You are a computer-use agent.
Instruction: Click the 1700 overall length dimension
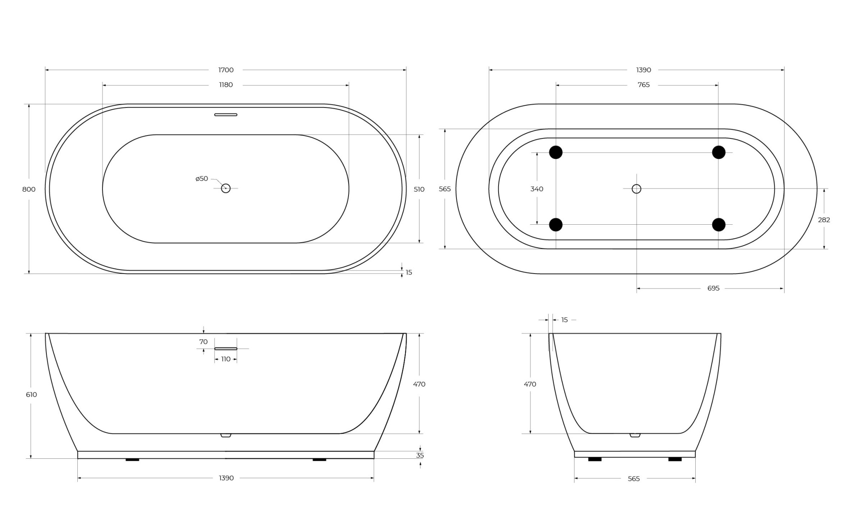coord(226,70)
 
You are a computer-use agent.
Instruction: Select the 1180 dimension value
coord(226,85)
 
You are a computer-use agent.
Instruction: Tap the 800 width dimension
coord(29,189)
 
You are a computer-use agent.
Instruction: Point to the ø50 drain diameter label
coord(201,179)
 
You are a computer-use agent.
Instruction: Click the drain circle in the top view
coord(226,188)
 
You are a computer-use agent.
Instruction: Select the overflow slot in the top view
coord(226,115)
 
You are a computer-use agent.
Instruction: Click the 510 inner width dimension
coord(419,189)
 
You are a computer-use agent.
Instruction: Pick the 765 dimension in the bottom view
coord(643,85)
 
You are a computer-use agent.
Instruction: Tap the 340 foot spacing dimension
coord(537,189)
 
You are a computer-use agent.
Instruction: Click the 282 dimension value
coord(824,220)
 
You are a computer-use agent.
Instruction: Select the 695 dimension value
coord(713,288)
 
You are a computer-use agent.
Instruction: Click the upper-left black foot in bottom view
coord(555,152)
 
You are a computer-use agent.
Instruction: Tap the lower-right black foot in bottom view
coord(719,225)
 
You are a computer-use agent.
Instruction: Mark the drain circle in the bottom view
coord(636,189)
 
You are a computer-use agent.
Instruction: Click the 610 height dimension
coord(31,395)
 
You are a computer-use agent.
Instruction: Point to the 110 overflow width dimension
coord(226,359)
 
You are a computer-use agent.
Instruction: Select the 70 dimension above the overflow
coord(203,342)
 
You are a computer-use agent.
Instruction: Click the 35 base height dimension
coord(420,455)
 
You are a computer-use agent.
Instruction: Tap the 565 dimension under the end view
coord(634,479)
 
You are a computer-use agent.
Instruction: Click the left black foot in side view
coord(132,460)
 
